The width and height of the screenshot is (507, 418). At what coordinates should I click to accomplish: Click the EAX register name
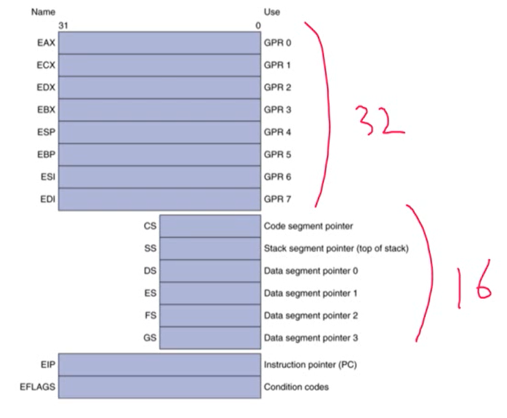[46, 43]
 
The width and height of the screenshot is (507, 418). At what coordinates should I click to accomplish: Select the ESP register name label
[46, 132]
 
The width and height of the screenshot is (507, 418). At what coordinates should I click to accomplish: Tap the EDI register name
[47, 199]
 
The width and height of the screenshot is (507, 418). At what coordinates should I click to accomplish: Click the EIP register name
[48, 365]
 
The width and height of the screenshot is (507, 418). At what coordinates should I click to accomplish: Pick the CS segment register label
[150, 226]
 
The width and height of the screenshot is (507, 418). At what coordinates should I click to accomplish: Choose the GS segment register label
[150, 337]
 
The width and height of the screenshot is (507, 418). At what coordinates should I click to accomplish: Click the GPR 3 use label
[277, 110]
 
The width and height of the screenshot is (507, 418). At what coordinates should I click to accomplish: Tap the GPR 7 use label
[277, 199]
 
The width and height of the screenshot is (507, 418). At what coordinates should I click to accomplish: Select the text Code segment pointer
[308, 226]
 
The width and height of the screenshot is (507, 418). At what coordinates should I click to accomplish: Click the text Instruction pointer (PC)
[310, 365]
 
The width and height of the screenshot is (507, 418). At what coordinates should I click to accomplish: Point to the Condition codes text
[296, 387]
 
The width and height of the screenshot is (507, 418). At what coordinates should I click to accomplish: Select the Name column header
[42, 12]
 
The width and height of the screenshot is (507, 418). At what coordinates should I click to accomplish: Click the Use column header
[272, 12]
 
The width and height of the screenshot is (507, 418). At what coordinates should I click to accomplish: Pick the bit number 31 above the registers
[63, 26]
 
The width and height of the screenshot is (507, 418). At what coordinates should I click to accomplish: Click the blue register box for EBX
[159, 110]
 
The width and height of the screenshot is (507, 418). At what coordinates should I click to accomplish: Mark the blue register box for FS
[210, 315]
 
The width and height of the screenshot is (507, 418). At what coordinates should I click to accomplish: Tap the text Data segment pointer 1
[311, 293]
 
